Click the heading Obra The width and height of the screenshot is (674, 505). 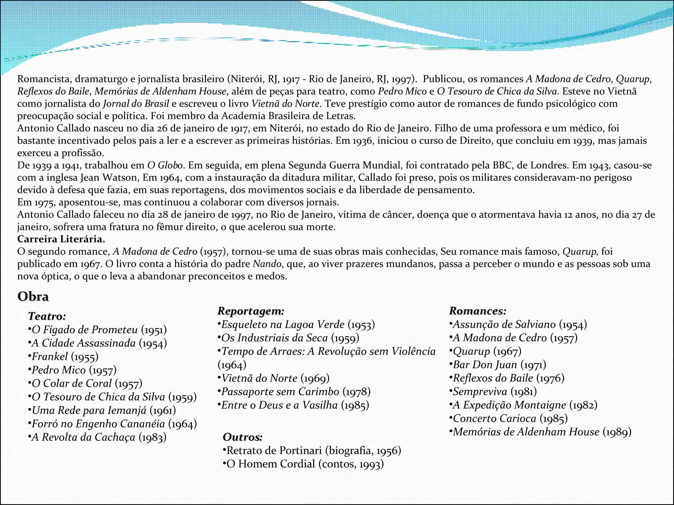point(33,297)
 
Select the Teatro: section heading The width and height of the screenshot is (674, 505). point(47,316)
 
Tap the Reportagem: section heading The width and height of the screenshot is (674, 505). point(251,311)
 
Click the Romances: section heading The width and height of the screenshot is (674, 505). point(478,311)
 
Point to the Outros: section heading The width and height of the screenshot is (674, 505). point(243,437)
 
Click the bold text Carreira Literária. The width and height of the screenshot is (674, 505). point(61,239)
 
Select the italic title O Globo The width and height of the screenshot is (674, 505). point(165,165)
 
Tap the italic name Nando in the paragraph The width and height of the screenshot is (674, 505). point(267,264)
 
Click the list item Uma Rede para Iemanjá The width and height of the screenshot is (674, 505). point(103,411)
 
